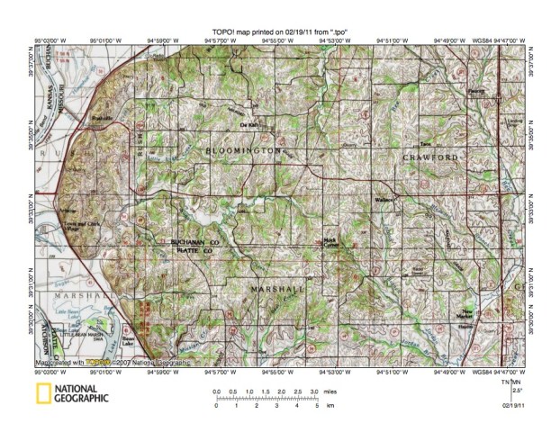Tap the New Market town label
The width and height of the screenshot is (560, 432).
tap(492, 317)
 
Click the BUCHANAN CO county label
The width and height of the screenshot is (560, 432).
tap(196, 242)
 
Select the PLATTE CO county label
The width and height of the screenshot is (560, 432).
tap(195, 251)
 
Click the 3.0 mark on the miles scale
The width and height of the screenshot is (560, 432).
tap(312, 392)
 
